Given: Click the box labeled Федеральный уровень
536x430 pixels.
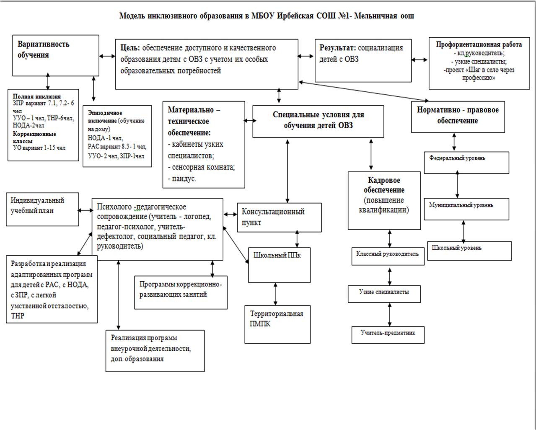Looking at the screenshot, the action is pyautogui.click(x=466, y=163).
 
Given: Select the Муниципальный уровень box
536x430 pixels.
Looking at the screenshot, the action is pyautogui.click(x=466, y=209).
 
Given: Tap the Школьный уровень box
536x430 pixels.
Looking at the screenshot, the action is pyautogui.click(x=469, y=251).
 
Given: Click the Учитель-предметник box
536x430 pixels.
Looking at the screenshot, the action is pyautogui.click(x=388, y=335).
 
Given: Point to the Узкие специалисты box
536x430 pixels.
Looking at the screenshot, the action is pyautogui.click(x=384, y=294).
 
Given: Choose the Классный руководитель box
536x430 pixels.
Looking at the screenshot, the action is pyautogui.click(x=388, y=256).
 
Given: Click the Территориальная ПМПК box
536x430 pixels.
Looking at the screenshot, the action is pyautogui.click(x=277, y=325).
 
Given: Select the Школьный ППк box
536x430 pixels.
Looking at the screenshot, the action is pyautogui.click(x=279, y=265).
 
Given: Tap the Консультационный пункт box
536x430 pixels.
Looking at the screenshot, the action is pyautogui.click(x=279, y=218).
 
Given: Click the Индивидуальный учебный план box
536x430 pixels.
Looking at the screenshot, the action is pyautogui.click(x=42, y=209).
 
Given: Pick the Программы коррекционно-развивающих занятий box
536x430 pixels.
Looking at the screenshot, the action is pyautogui.click(x=181, y=293).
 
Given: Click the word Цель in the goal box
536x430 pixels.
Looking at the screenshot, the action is pyautogui.click(x=130, y=48).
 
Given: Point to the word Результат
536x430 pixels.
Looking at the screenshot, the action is pyautogui.click(x=337, y=48).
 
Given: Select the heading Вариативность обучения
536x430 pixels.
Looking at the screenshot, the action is pyautogui.click(x=43, y=49).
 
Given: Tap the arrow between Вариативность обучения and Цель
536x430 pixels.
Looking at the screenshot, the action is pyautogui.click(x=107, y=56).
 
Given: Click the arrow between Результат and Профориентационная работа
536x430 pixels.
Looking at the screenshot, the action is pyautogui.click(x=419, y=60).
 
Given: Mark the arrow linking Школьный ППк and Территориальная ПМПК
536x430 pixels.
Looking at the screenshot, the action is pyautogui.click(x=275, y=294).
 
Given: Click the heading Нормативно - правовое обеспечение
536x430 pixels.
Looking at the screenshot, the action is pyautogui.click(x=458, y=115).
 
